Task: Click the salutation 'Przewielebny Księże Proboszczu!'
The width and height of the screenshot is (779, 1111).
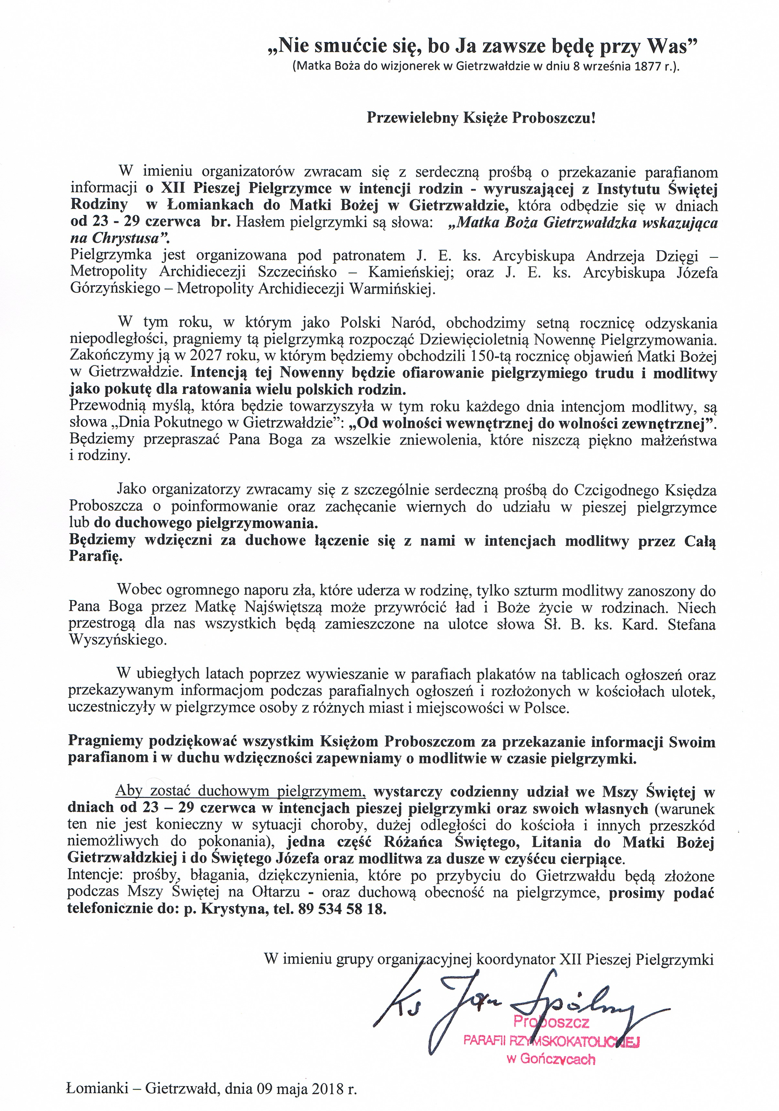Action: (481, 118)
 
